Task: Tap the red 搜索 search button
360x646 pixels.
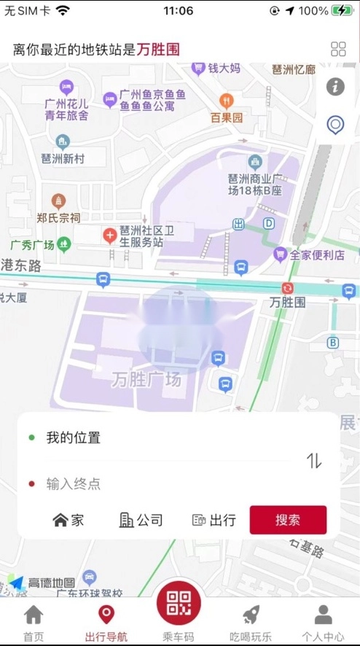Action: click(x=288, y=520)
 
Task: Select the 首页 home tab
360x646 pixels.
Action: click(x=34, y=623)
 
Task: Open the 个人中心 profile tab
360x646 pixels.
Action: click(x=323, y=623)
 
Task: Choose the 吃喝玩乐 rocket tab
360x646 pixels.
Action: click(x=251, y=623)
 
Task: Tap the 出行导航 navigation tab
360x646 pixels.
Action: click(x=106, y=623)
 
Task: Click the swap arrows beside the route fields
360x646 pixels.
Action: click(x=314, y=460)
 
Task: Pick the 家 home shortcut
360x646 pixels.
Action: click(x=69, y=520)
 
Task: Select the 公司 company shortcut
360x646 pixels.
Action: click(x=141, y=520)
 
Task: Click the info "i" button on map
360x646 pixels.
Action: click(x=335, y=87)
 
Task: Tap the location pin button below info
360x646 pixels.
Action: click(x=335, y=125)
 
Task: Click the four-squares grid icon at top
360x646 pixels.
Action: click(x=338, y=49)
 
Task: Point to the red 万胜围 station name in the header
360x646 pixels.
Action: click(x=158, y=50)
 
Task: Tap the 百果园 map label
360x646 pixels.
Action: click(x=227, y=117)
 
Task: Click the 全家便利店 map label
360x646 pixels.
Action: click(x=317, y=254)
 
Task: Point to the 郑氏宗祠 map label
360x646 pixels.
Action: click(x=58, y=217)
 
